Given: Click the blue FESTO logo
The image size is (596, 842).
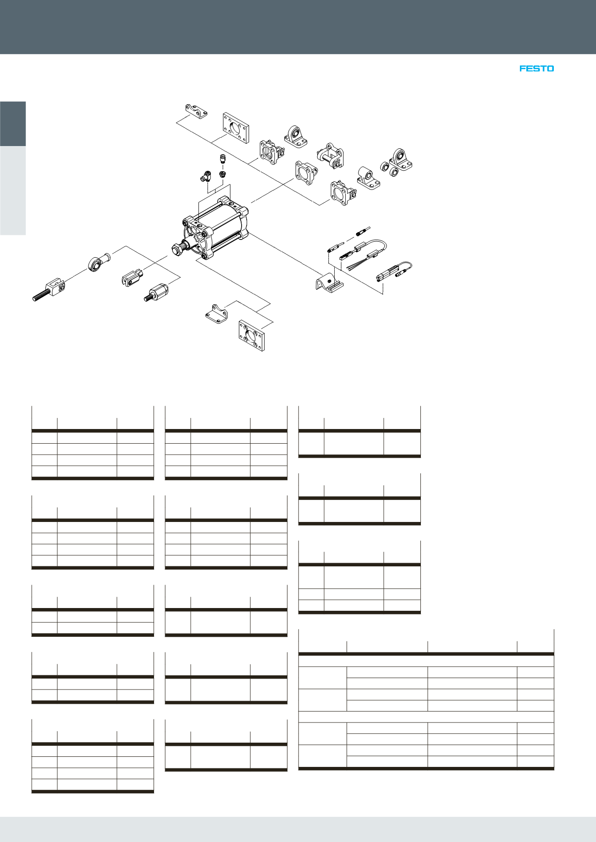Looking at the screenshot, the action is pos(536,68).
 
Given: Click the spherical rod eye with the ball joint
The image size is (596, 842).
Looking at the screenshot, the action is pos(98,261).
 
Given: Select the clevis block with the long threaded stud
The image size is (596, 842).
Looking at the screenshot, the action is pos(50,289).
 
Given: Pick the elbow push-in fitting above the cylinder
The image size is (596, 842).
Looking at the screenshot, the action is pos(205,175).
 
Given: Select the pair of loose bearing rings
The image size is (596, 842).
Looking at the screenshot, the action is pos(389,168).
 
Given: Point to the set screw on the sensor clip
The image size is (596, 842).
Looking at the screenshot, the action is pos(329,281).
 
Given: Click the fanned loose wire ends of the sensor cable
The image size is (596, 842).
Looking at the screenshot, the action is pos(353,265).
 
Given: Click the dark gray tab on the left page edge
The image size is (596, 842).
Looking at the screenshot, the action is pos(13,124).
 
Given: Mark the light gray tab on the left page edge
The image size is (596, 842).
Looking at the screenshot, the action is pos(13,190).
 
